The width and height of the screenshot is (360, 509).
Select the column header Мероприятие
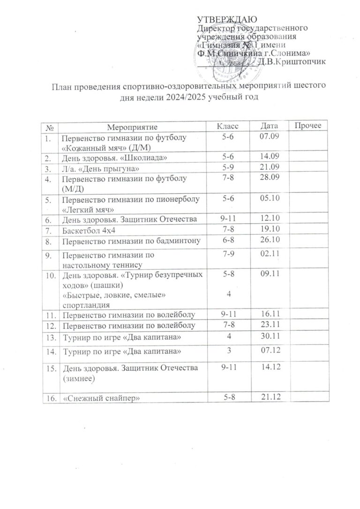coord(129,127)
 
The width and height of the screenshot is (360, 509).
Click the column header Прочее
coord(307,127)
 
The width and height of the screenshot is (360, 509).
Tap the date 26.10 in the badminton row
coord(271,241)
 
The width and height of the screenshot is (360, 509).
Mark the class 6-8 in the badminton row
coord(228,241)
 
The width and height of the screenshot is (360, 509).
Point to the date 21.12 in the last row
coord(272,397)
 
